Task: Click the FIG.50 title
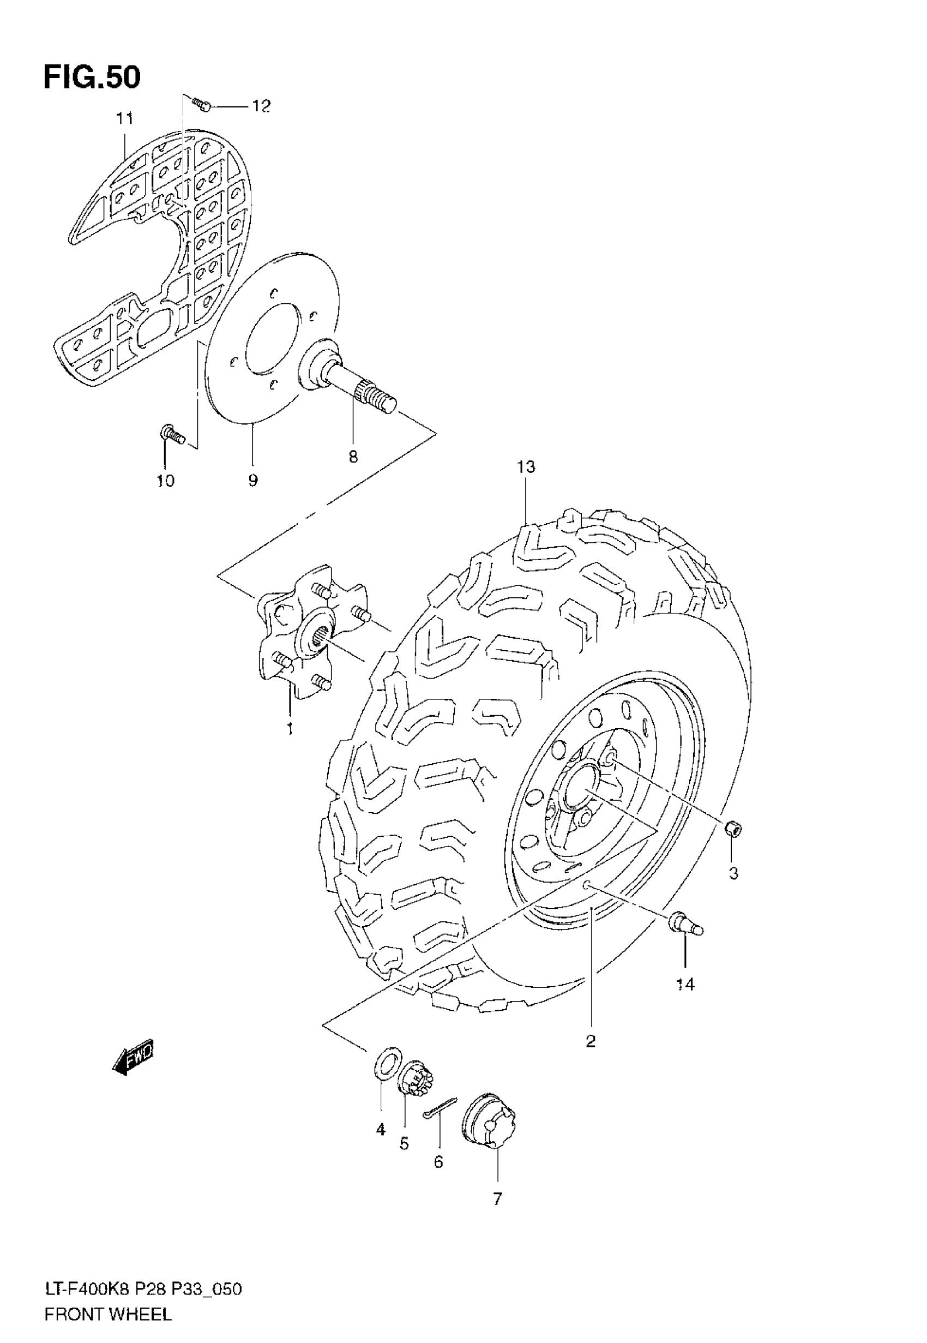pyautogui.click(x=92, y=77)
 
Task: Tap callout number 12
pyautogui.click(x=261, y=106)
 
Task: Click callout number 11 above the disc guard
pyautogui.click(x=124, y=119)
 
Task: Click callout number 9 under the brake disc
pyautogui.click(x=252, y=481)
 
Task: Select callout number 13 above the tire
pyautogui.click(x=526, y=466)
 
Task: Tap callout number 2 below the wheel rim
pyautogui.click(x=591, y=1041)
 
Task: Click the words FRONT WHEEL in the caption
pyautogui.click(x=108, y=1299)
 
